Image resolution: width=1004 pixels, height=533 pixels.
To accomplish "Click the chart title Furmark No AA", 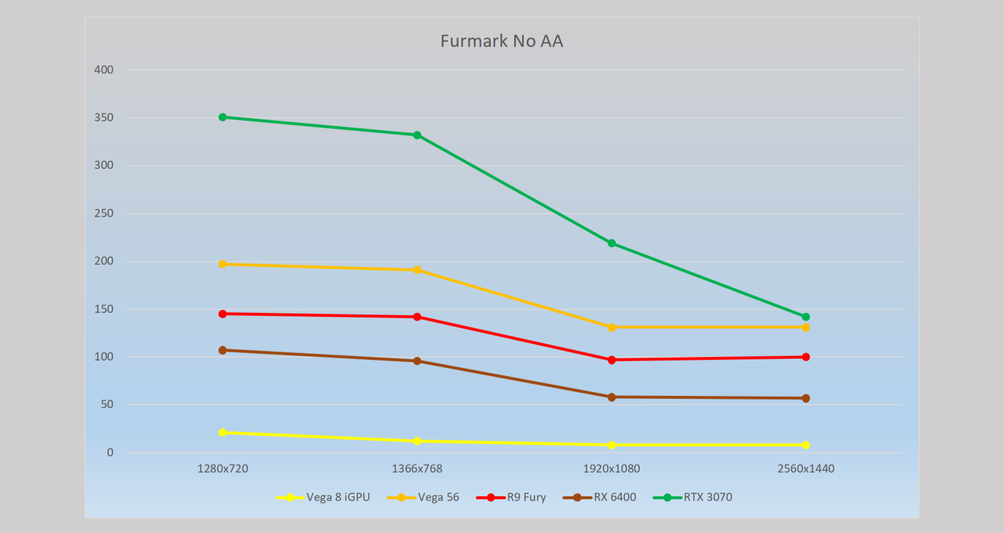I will point(501,41).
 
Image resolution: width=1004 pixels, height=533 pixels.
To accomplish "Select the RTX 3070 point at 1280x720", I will point(223,117).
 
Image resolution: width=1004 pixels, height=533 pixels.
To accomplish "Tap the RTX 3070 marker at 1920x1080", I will point(612,243).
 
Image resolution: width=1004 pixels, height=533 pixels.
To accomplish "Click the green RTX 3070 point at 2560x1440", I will point(806,317).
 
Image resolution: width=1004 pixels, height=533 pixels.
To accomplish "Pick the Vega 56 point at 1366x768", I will point(417,270).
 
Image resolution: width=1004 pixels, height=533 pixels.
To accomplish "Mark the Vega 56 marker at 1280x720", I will point(223,264).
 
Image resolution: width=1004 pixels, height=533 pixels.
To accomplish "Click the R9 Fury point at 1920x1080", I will point(612,360).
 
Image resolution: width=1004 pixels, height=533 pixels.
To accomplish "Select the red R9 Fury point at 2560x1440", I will point(806,357).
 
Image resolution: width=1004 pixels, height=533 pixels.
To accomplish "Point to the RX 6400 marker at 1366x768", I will point(417,361).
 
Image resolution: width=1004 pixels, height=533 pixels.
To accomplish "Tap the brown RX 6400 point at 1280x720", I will point(223,350).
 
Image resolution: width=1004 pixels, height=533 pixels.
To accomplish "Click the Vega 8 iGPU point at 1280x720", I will point(223,433).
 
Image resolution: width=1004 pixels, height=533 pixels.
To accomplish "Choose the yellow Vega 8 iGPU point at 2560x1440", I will point(806,445).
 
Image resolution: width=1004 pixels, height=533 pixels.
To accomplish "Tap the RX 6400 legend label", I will point(615,498).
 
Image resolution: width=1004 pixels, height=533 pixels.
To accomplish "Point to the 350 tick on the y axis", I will point(104,118).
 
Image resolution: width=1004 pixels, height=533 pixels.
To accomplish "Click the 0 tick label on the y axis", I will point(110,453).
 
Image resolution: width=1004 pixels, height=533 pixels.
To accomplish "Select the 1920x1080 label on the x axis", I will point(612,469).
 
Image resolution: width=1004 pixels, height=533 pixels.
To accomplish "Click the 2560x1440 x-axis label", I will point(806,469).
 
